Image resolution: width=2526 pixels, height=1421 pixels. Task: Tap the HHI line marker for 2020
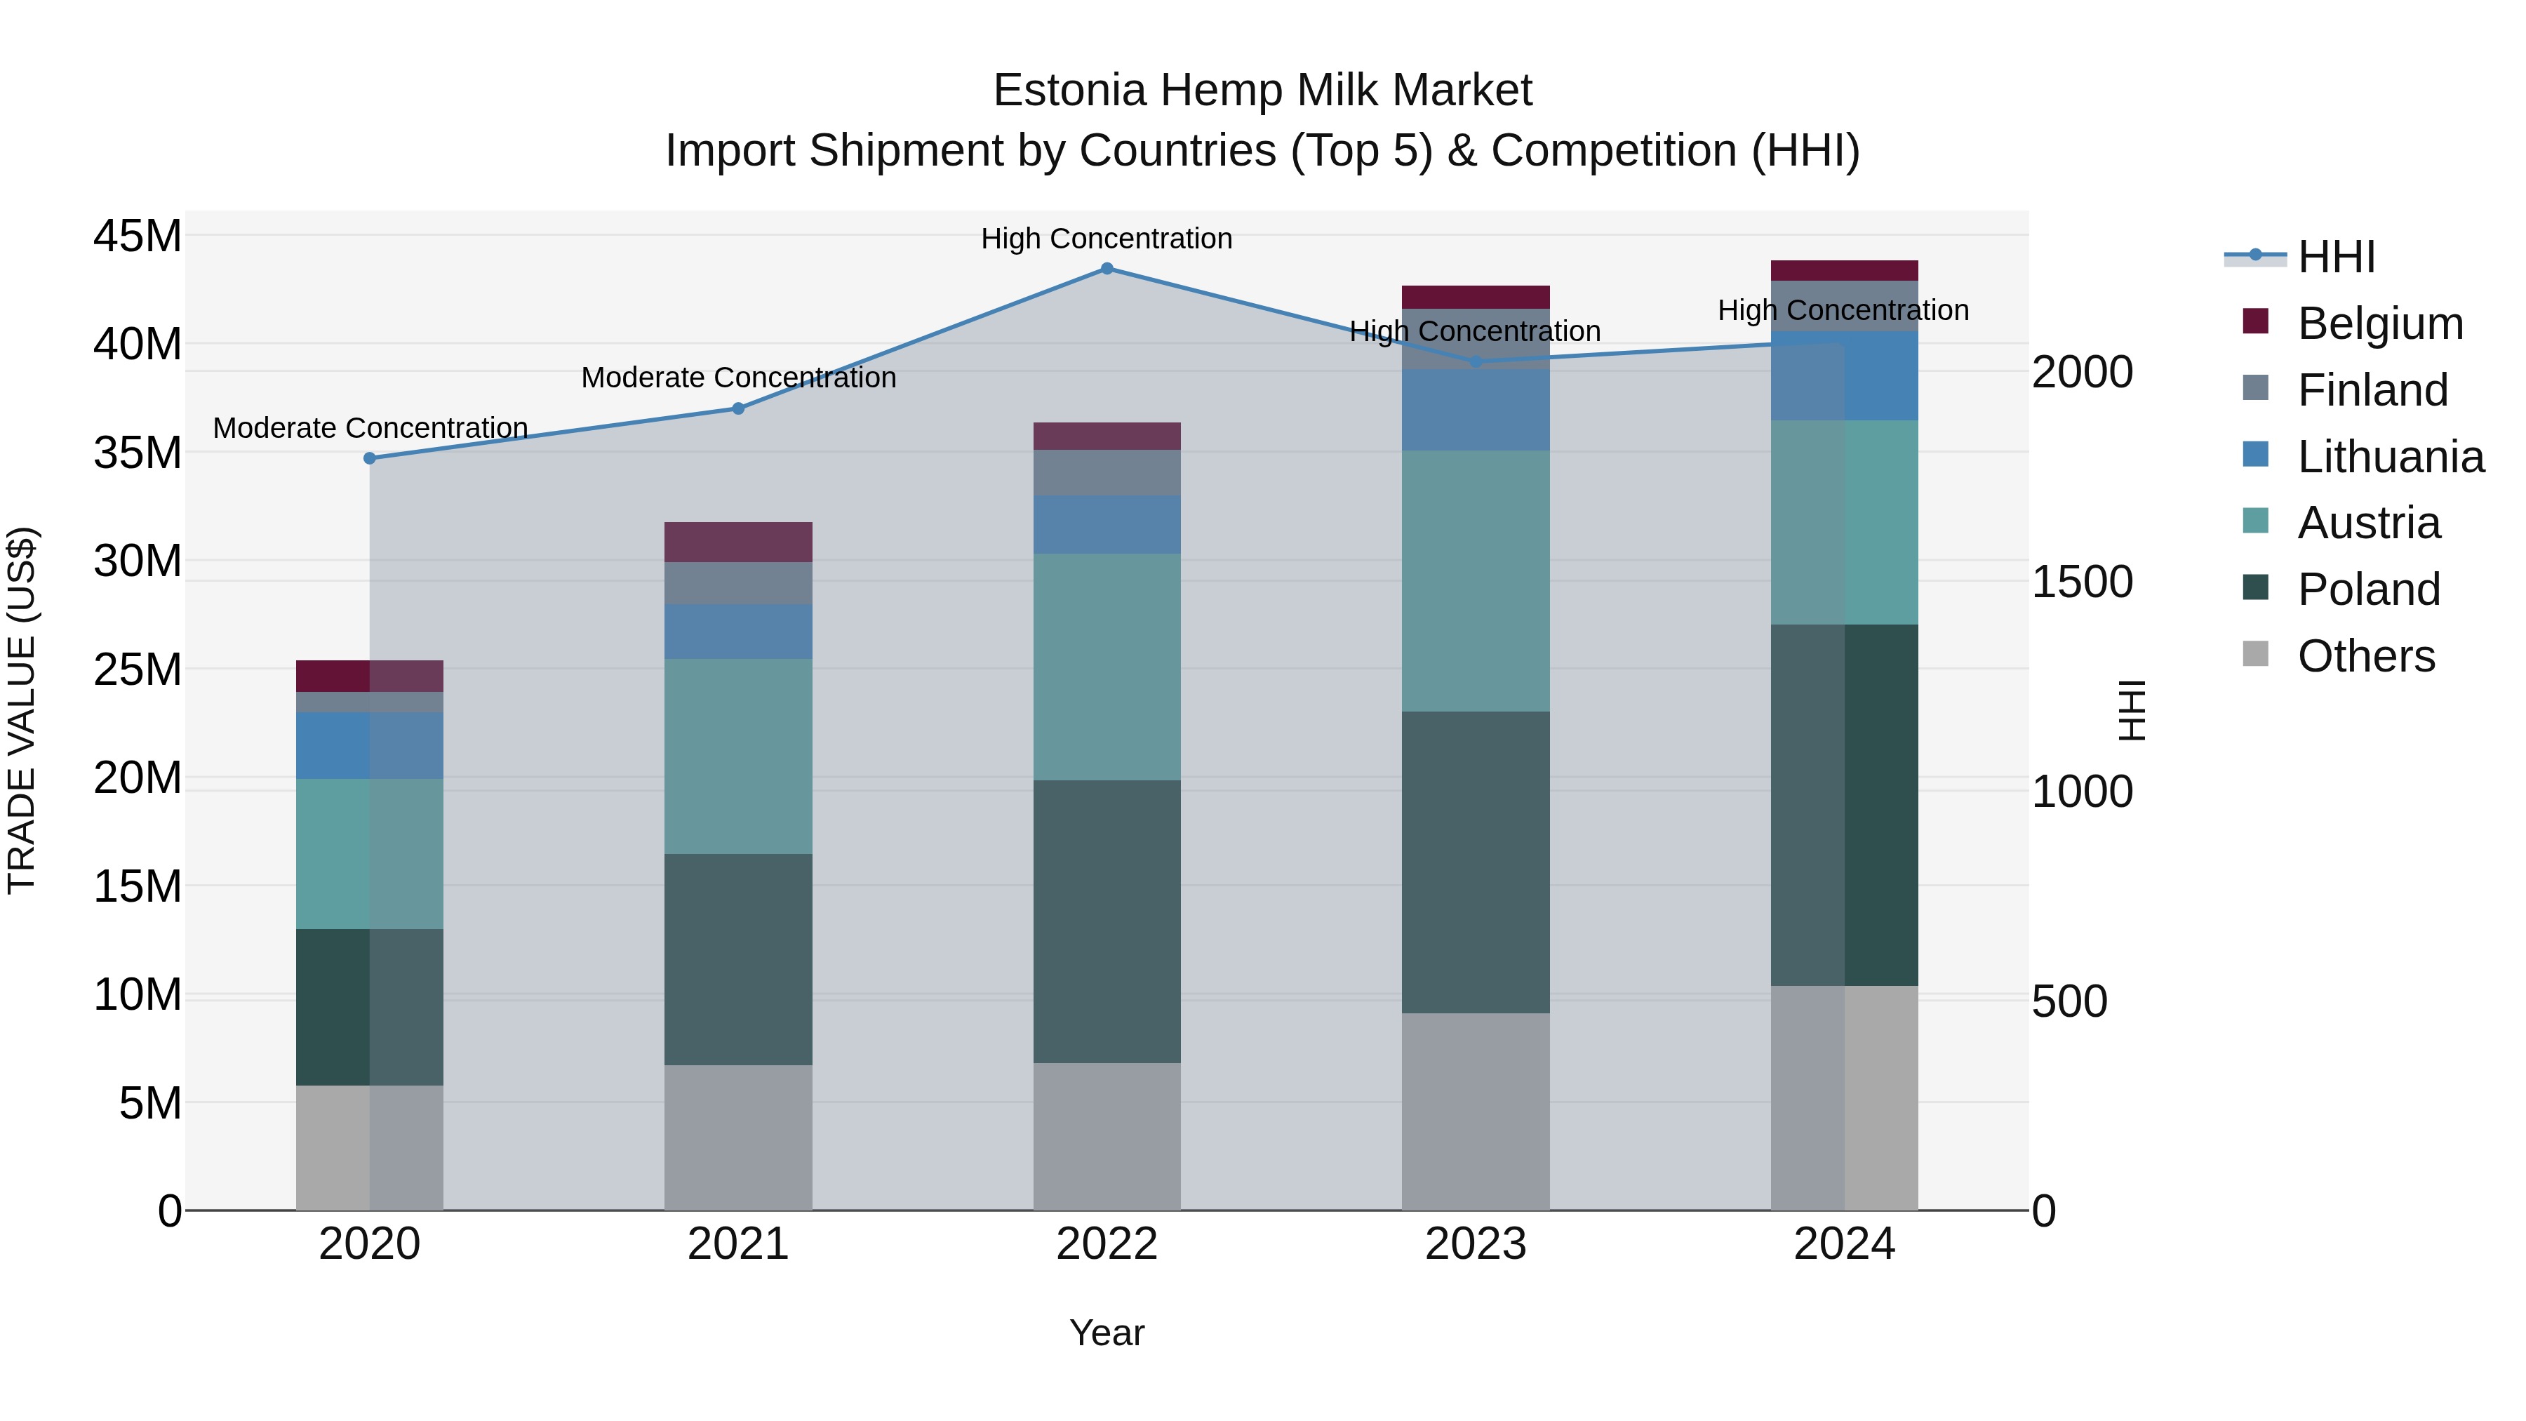click(370, 458)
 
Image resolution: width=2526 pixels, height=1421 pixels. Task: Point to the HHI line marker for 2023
click(1476, 362)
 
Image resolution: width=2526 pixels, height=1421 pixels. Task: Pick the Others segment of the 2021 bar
click(738, 1137)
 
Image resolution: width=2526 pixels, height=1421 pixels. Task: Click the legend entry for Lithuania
click(2390, 457)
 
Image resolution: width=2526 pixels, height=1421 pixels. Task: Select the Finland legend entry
click(2372, 390)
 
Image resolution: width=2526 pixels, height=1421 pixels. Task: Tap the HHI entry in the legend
click(2336, 257)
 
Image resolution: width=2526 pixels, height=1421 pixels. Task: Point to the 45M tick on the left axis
click(138, 236)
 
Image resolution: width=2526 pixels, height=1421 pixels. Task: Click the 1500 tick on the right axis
click(2082, 582)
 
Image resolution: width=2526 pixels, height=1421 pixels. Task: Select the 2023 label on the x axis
click(1476, 1244)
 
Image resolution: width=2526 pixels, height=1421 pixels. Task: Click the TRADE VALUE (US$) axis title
click(22, 710)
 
